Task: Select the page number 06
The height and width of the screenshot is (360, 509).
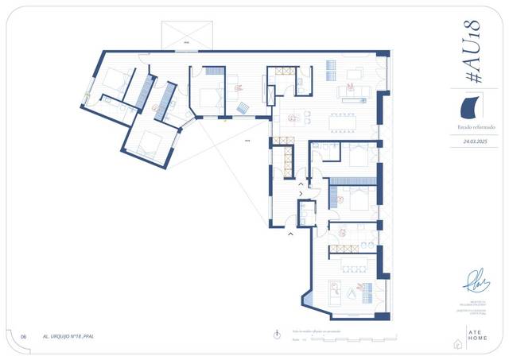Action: click(24, 336)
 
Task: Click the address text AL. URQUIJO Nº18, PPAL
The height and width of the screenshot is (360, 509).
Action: click(70, 336)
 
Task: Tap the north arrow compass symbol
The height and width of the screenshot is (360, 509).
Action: click(276, 335)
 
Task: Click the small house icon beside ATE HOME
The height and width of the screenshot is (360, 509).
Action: click(457, 343)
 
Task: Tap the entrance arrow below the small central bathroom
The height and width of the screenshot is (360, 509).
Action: click(290, 234)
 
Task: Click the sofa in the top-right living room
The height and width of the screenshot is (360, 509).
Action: click(351, 92)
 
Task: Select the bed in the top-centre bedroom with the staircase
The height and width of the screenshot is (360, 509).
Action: click(208, 96)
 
